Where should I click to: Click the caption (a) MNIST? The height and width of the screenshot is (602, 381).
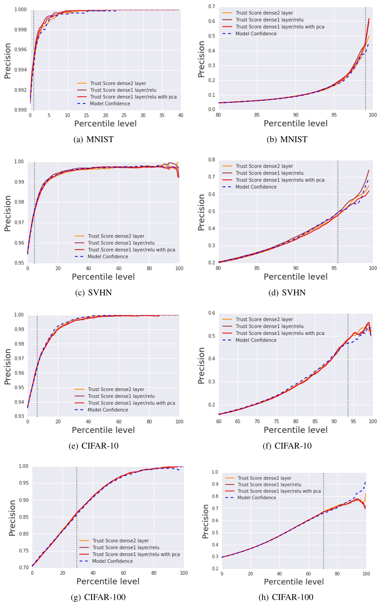tap(93, 139)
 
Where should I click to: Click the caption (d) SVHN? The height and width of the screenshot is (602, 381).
tap(287, 293)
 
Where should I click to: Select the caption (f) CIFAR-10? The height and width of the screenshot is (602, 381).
tap(287, 446)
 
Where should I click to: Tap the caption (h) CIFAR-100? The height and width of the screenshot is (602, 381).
tap(286, 597)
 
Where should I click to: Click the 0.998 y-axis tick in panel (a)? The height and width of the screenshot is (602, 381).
tap(21, 30)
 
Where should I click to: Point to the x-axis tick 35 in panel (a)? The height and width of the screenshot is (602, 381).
tap(162, 115)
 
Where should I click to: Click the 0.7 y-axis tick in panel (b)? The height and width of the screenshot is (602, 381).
tap(212, 7)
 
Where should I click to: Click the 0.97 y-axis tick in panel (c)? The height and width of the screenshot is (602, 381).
tap(19, 222)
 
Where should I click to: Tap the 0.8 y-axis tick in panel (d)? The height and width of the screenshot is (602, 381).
tap(212, 160)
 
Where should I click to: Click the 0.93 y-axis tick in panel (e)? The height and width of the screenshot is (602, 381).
tap(19, 416)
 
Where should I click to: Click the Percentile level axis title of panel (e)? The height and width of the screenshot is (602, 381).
tap(103, 430)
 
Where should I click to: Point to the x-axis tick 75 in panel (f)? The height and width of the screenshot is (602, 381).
tap(276, 421)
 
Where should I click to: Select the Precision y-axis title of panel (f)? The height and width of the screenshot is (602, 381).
tap(201, 365)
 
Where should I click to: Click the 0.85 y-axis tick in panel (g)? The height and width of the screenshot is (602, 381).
tap(24, 517)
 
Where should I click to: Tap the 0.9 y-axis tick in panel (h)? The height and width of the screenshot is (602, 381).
tap(215, 484)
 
